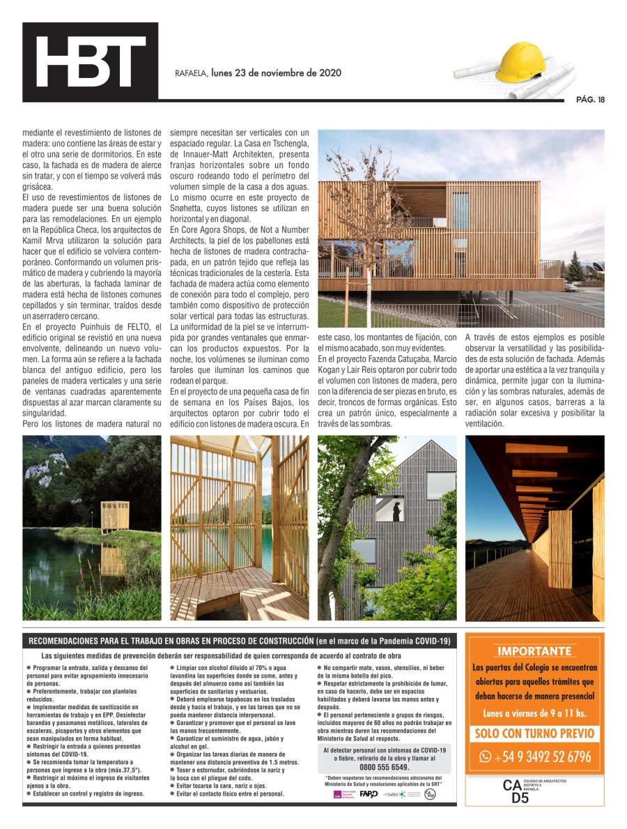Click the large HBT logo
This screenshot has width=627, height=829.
tap(91, 62)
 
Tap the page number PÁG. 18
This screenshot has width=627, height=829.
tap(590, 99)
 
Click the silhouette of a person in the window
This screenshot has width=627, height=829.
tap(396, 512)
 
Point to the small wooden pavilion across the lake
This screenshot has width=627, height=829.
tap(115, 516)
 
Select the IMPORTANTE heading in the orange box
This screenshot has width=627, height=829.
tap(534, 651)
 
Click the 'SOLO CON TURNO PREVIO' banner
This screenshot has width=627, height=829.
tap(534, 733)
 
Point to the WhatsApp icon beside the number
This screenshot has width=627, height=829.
tap(485, 756)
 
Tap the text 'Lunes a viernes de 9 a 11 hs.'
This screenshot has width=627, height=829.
tap(534, 713)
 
